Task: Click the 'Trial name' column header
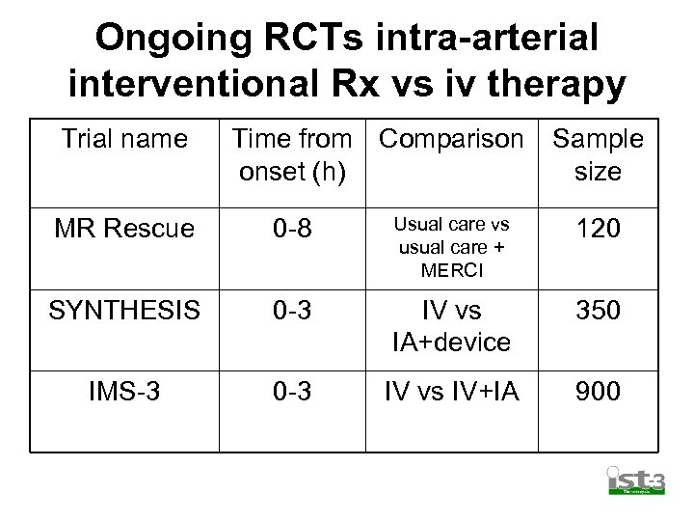coord(124,139)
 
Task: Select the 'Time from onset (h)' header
coord(292,155)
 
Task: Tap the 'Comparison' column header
coord(451,139)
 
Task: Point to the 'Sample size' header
coord(598,155)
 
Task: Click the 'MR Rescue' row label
coord(124,229)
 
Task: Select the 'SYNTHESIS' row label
coord(124,311)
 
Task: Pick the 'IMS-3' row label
coord(124,392)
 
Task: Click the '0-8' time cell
coord(292,229)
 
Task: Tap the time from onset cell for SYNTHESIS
coord(292,311)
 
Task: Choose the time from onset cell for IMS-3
coord(292,392)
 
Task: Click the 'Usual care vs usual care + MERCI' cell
coord(452,247)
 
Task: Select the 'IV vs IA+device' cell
coord(452,326)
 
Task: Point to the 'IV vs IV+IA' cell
coord(452,392)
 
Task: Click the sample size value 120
coord(598,229)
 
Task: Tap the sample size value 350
coord(598,311)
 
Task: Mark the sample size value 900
coord(598,392)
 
